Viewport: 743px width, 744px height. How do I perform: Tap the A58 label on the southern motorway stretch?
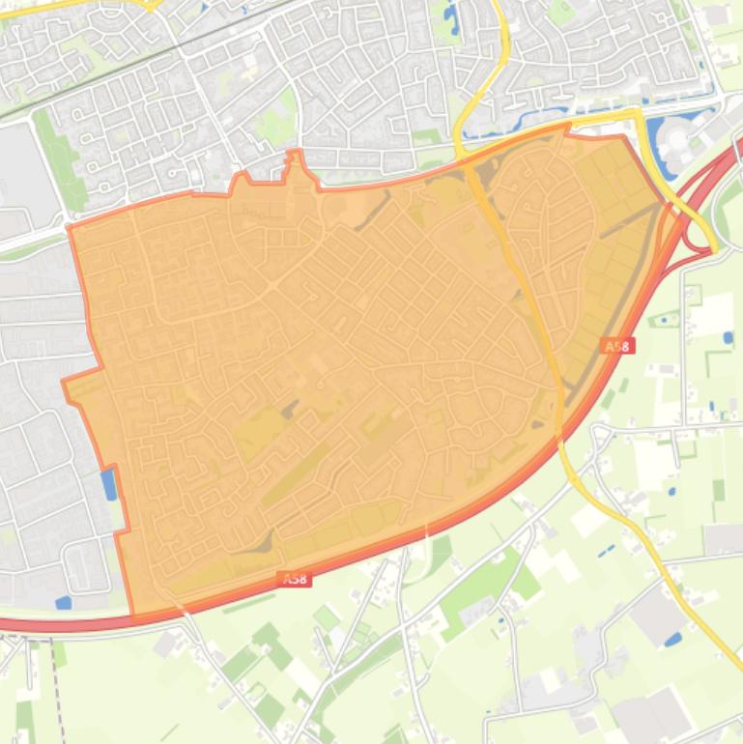pyautogui.click(x=295, y=580)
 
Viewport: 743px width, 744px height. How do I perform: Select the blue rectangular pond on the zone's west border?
pyautogui.click(x=108, y=484)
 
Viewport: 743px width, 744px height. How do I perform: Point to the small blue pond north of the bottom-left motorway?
pyautogui.click(x=63, y=603)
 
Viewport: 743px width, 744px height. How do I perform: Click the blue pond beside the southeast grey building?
pyautogui.click(x=672, y=639)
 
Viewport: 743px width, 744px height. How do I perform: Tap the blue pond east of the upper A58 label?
pyautogui.click(x=728, y=338)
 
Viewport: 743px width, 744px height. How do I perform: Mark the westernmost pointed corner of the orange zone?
pyautogui.click(x=64, y=383)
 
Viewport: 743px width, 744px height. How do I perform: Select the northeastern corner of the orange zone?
pyautogui.click(x=623, y=137)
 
